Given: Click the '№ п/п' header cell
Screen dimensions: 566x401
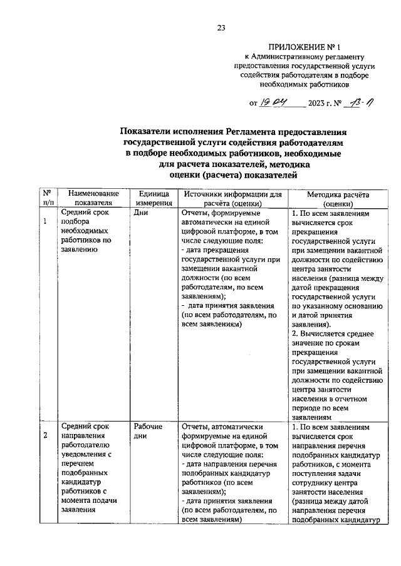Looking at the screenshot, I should pos(47,198).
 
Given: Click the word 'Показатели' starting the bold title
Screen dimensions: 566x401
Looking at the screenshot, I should pos(148,133).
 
